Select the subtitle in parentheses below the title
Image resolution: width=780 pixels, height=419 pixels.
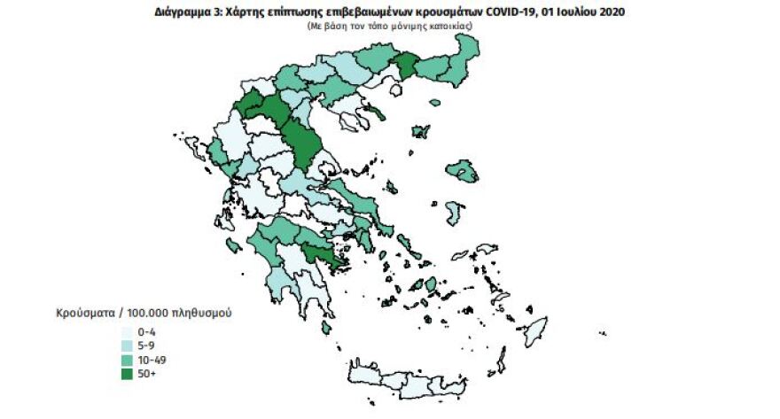[390, 27]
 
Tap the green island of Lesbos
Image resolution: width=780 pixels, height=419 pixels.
[461, 169]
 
